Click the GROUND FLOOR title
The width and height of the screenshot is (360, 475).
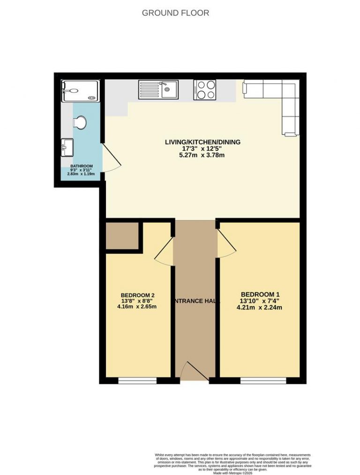click(x=175, y=13)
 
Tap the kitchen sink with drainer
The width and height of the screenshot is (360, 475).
click(x=158, y=90)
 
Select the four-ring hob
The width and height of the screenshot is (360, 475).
click(x=205, y=90)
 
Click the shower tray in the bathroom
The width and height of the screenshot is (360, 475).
click(x=80, y=90)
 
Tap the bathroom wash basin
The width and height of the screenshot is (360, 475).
click(x=67, y=147)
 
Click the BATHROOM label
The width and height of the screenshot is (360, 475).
click(x=82, y=166)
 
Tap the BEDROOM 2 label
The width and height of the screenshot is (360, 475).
click(x=137, y=295)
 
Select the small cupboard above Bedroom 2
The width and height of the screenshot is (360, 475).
click(x=122, y=236)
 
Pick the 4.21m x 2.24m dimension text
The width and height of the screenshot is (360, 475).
click(x=259, y=308)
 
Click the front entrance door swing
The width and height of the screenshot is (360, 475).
click(x=194, y=371)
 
